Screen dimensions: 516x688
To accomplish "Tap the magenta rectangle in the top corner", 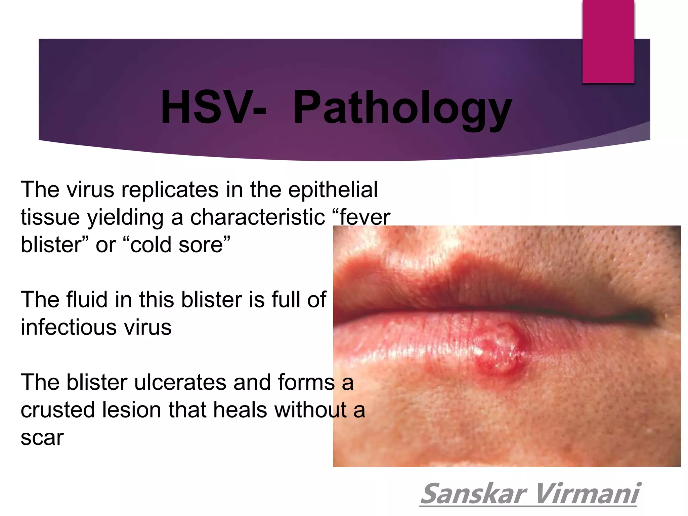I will pos(608,41).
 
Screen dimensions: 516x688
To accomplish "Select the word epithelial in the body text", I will pos(333,190).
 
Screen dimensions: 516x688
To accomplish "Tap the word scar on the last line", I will pos(42,437).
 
